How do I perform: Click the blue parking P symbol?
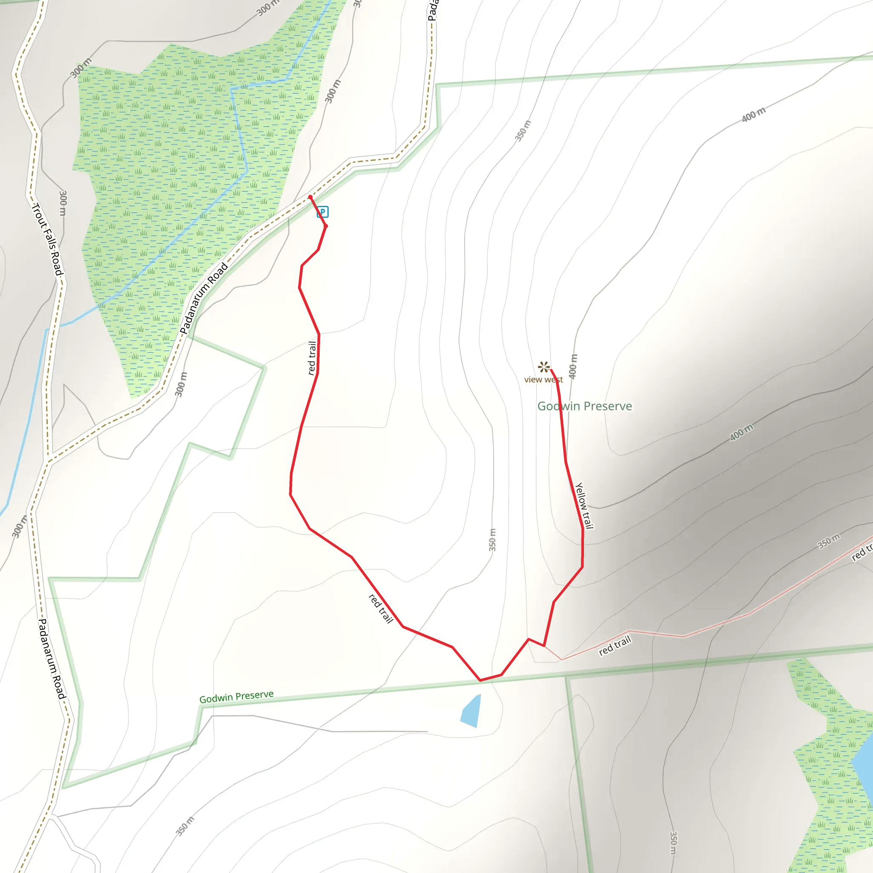pyautogui.click(x=322, y=211)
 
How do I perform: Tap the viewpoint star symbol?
pyautogui.click(x=543, y=367)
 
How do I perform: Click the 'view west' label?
pyautogui.click(x=543, y=379)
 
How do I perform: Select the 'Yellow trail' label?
pyautogui.click(x=584, y=505)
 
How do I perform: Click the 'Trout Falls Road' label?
pyautogui.click(x=47, y=240)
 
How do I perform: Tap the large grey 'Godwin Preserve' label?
pyautogui.click(x=584, y=406)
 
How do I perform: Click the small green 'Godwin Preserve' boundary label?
pyautogui.click(x=236, y=697)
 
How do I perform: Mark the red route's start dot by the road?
pyautogui.click(x=310, y=197)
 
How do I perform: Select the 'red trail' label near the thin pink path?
pyautogui.click(x=615, y=645)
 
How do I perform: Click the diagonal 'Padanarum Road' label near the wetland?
pyautogui.click(x=204, y=298)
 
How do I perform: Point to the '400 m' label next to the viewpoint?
pyautogui.click(x=573, y=366)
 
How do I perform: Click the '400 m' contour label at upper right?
pyautogui.click(x=754, y=114)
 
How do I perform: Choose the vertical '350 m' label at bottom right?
pyautogui.click(x=673, y=843)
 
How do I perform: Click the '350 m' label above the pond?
pyautogui.click(x=492, y=540)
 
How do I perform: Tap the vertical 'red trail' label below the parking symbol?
pyautogui.click(x=312, y=358)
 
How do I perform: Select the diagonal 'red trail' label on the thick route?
pyautogui.click(x=381, y=609)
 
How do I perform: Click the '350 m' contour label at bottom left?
pyautogui.click(x=185, y=826)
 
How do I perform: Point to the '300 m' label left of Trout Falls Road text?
pyautogui.click(x=63, y=203)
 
